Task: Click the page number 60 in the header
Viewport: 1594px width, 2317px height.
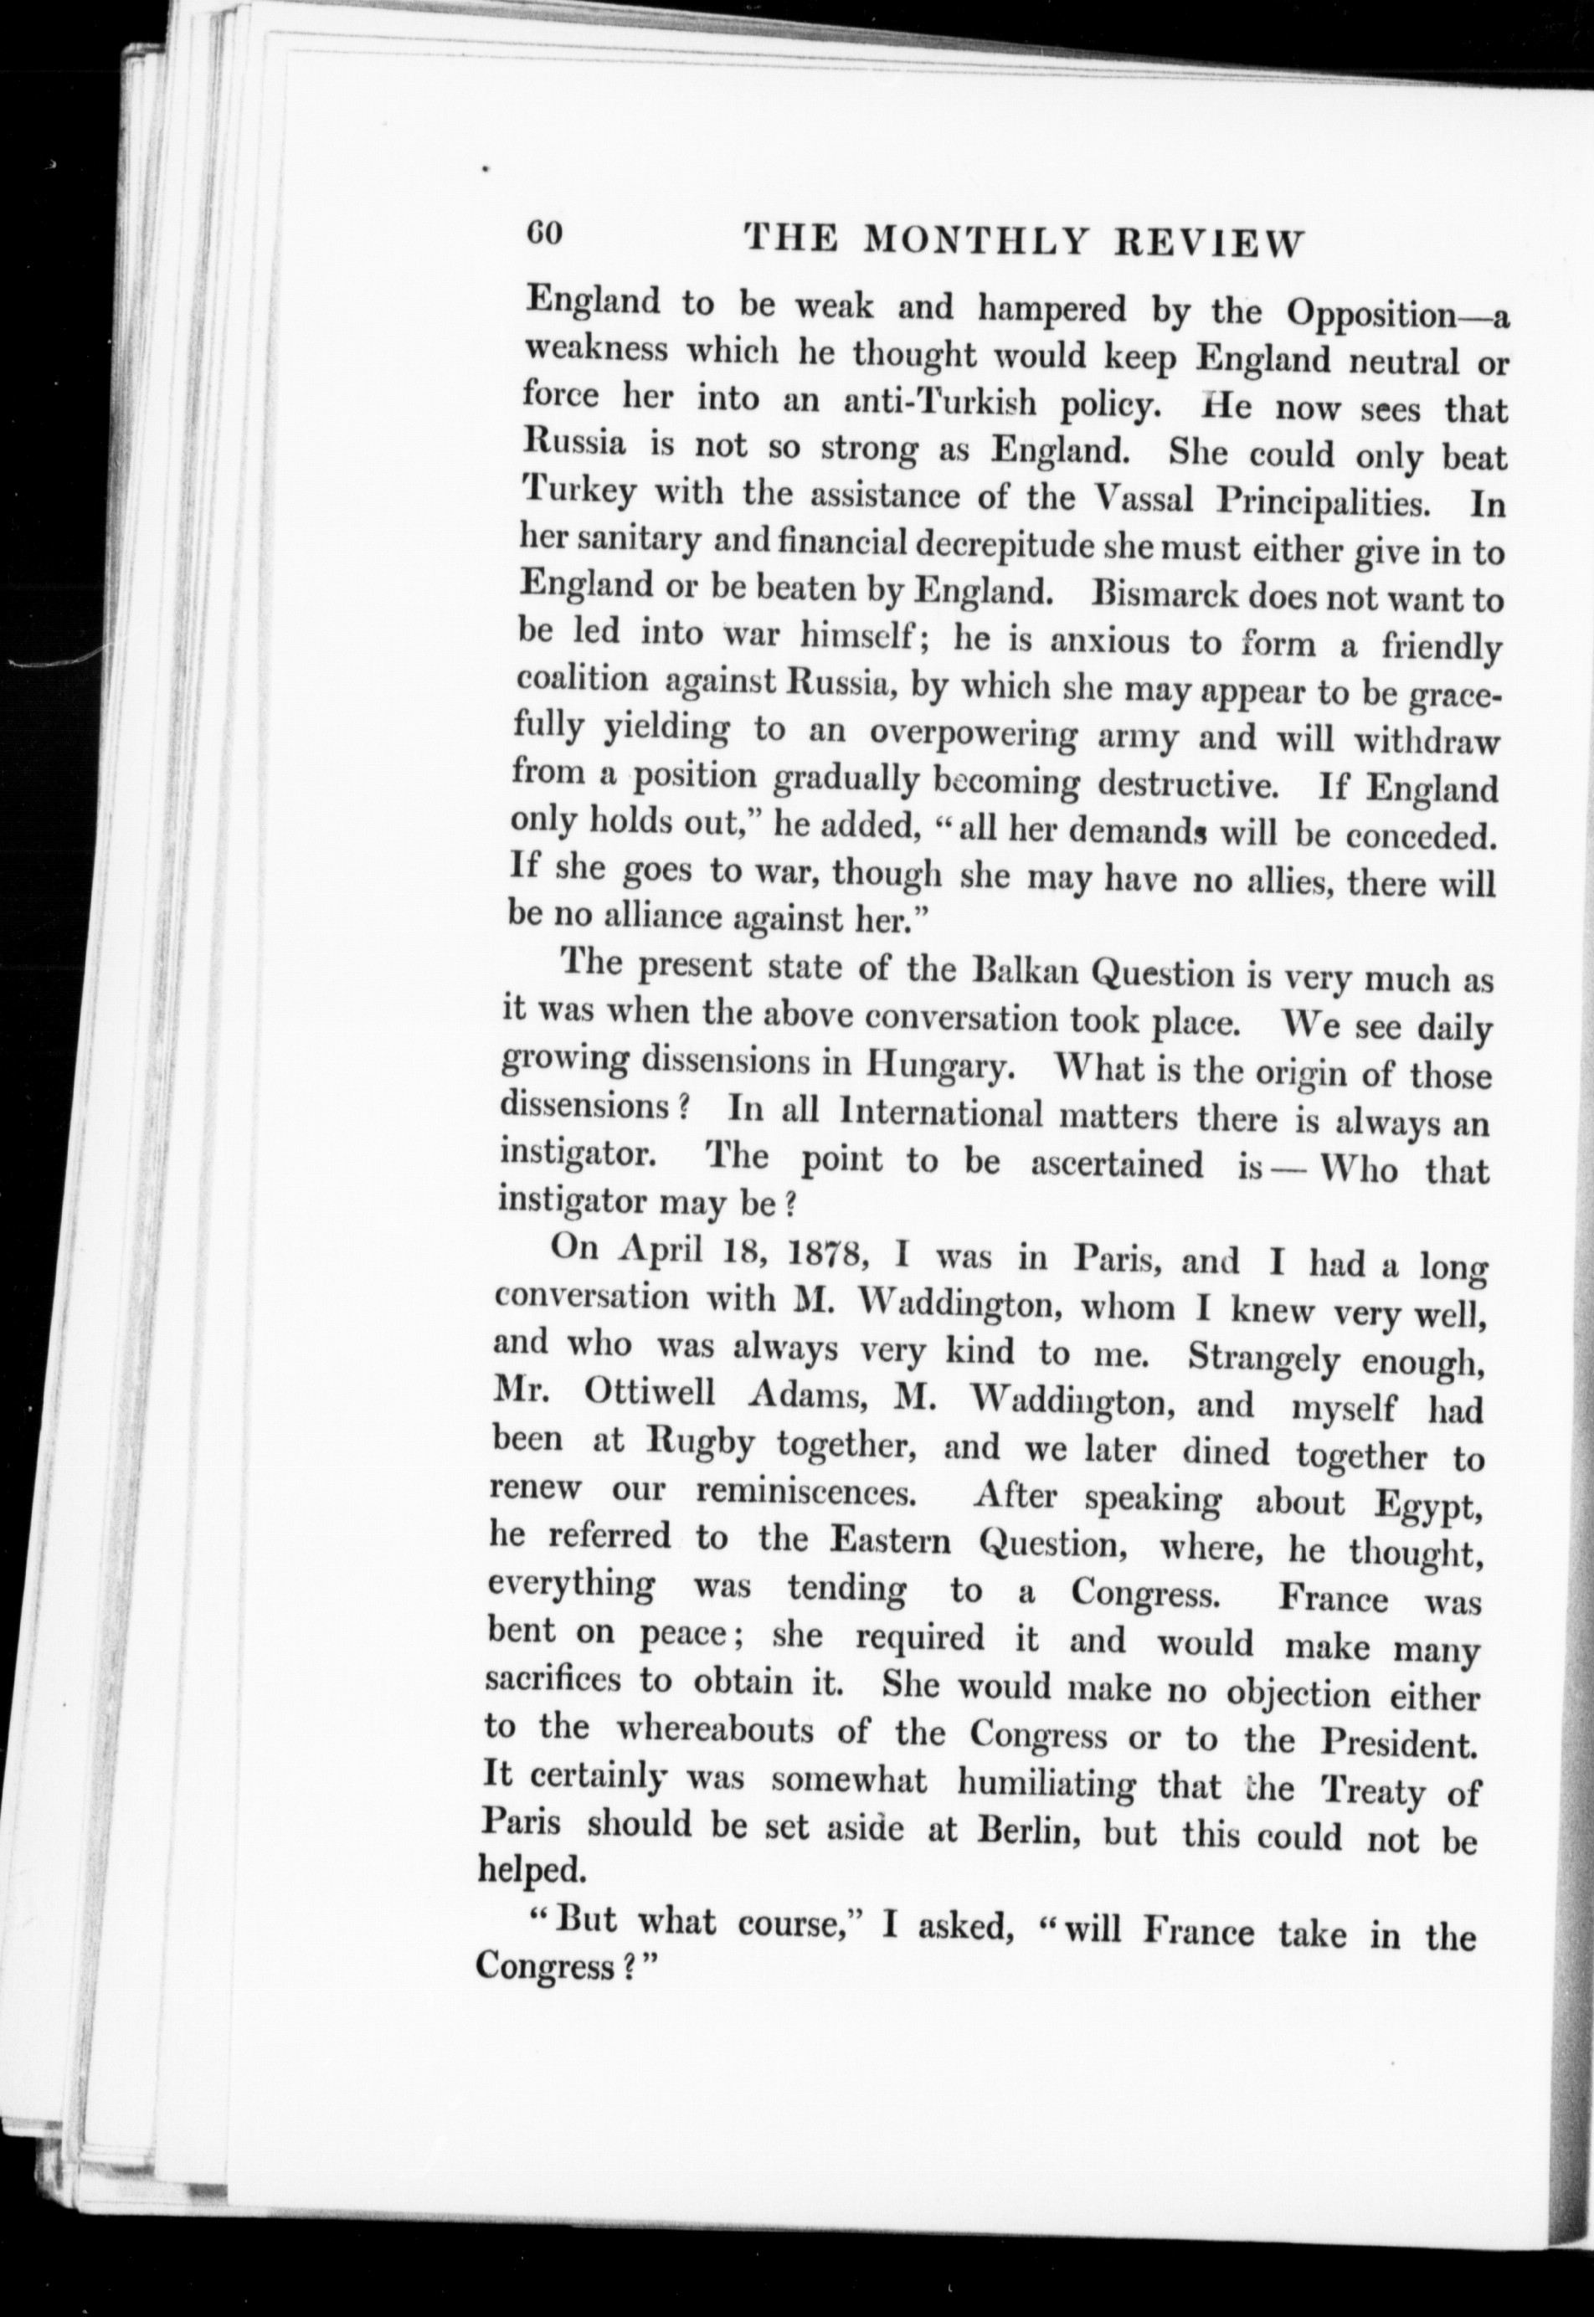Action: (547, 236)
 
